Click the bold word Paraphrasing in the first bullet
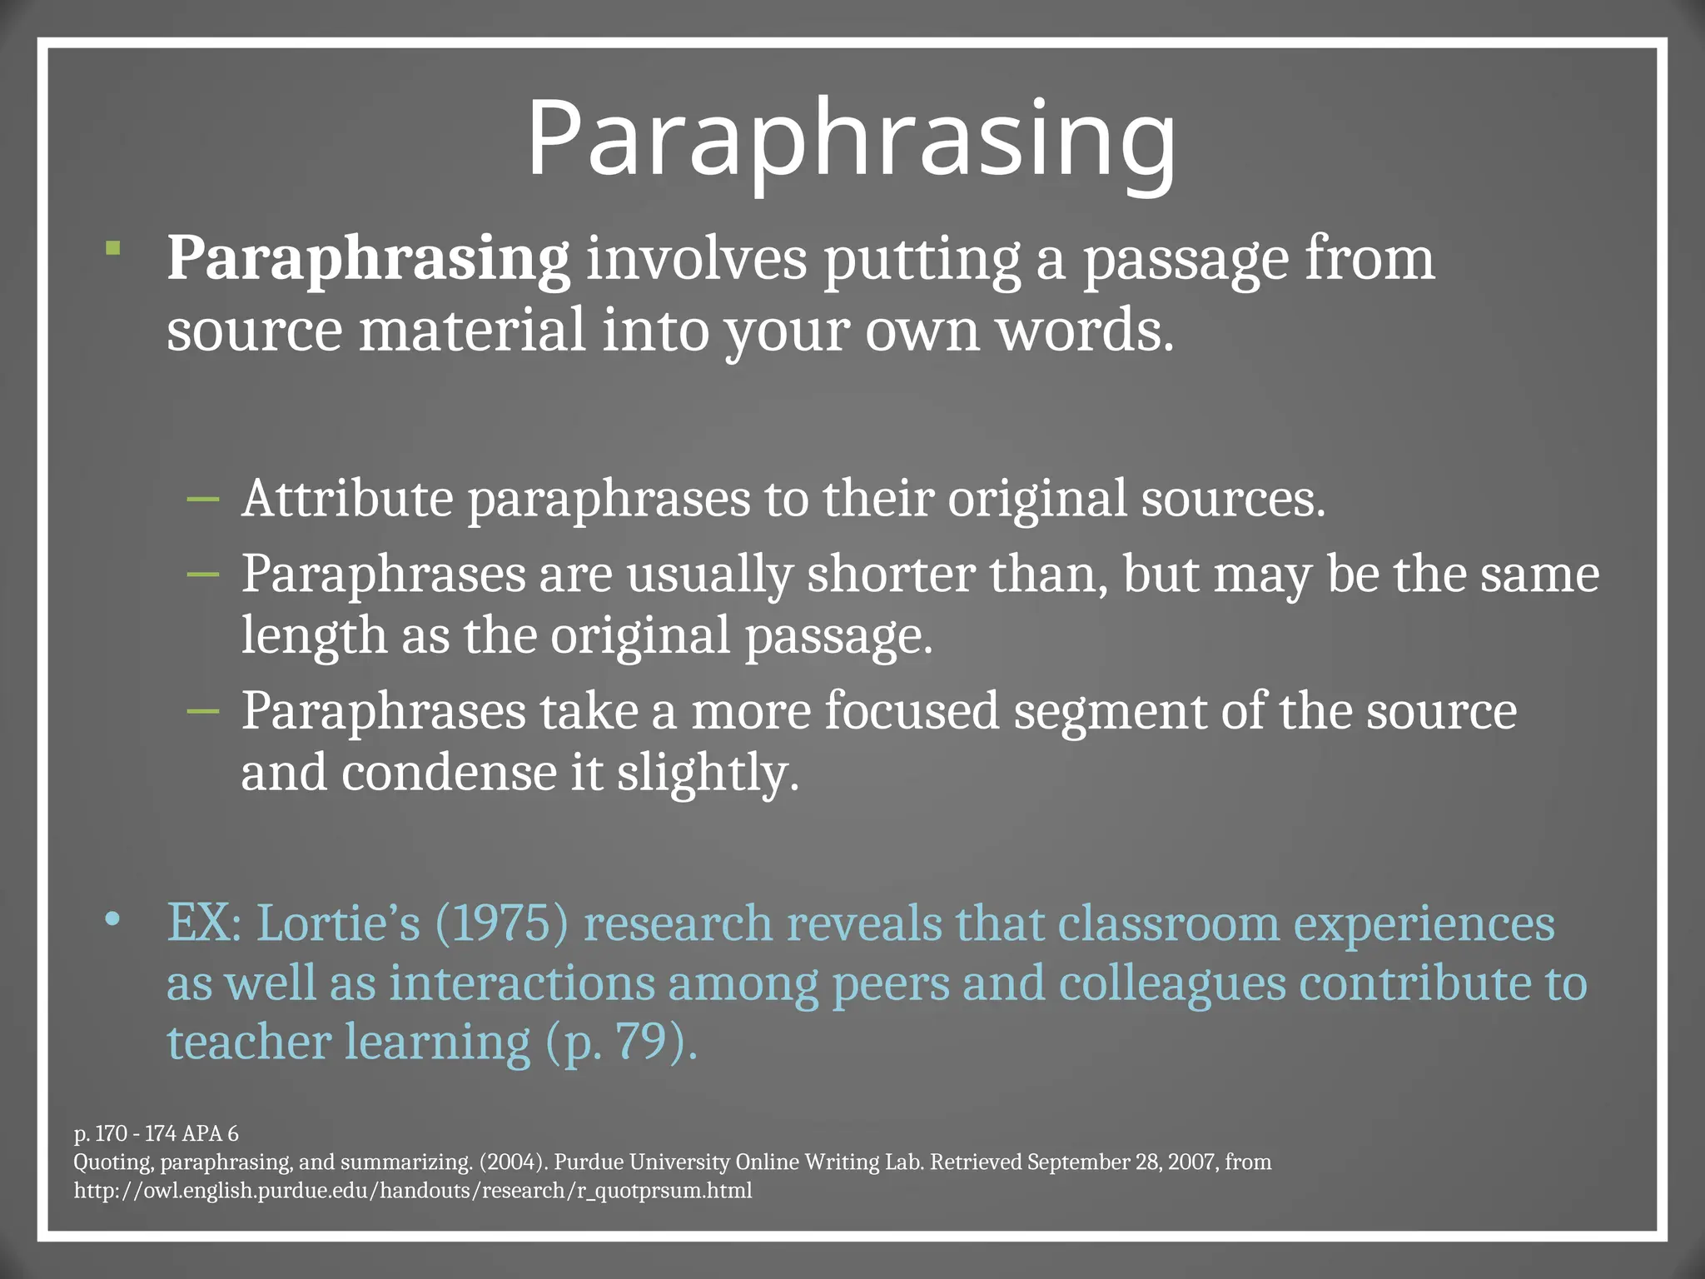point(368,259)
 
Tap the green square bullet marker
point(113,248)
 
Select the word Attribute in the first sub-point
point(347,499)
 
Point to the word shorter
point(890,575)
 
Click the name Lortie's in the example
point(338,924)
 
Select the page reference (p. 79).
point(621,1043)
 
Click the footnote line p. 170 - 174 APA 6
point(157,1134)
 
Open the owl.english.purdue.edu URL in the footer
point(413,1191)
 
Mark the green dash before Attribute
point(203,500)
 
